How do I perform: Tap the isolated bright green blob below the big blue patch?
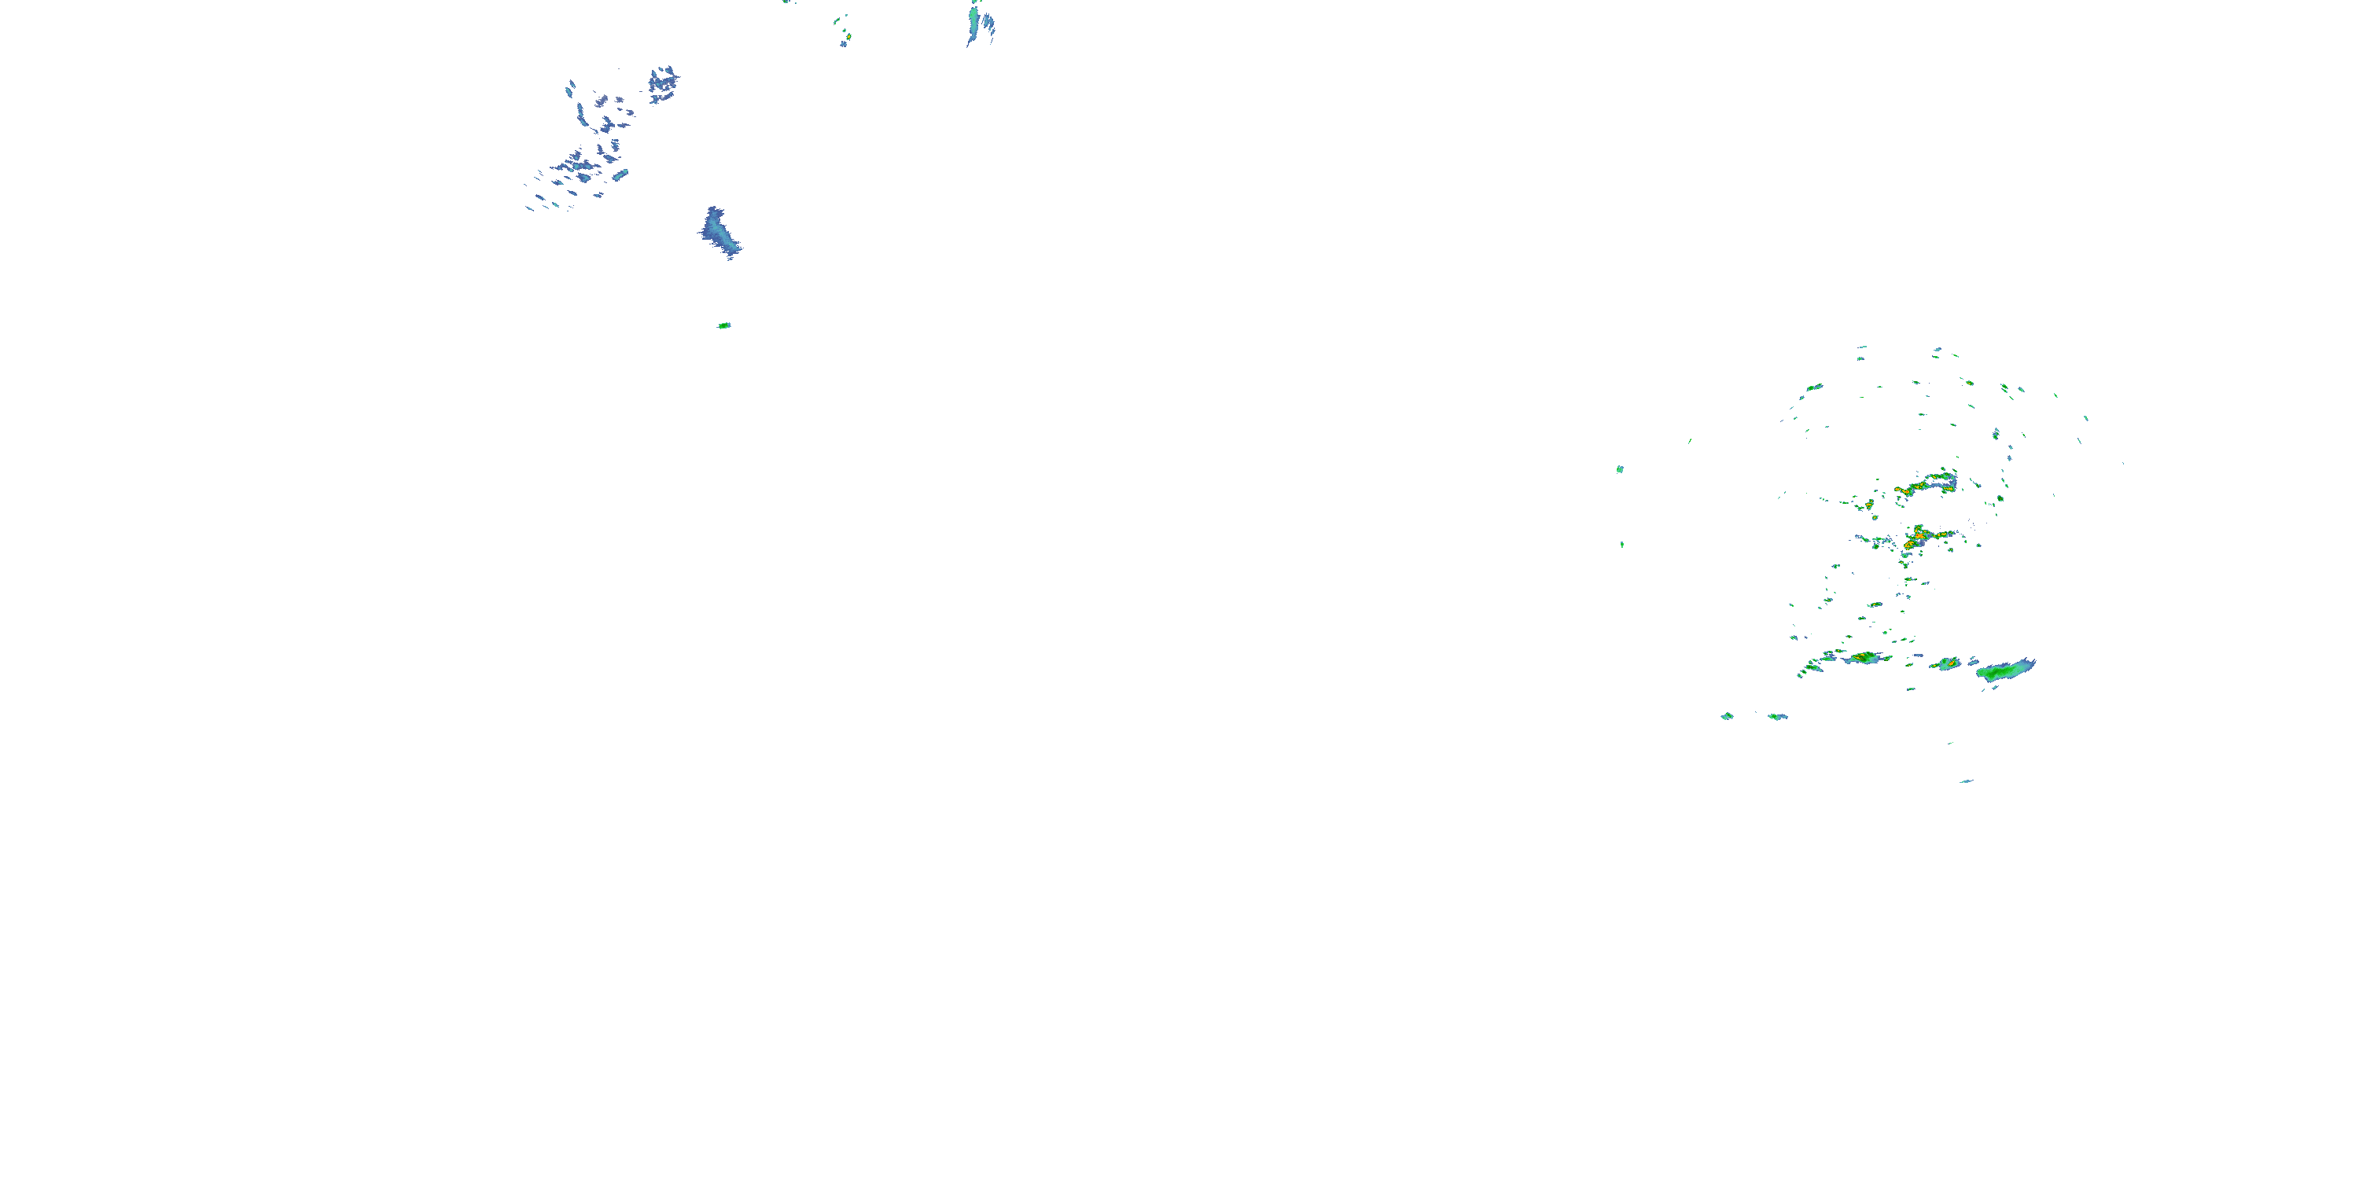(723, 325)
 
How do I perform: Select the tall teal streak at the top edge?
(973, 22)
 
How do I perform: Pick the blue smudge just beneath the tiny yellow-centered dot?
(844, 44)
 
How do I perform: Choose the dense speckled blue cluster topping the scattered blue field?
(663, 83)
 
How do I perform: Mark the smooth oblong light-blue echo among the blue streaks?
(620, 174)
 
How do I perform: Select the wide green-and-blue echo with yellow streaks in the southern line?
(1864, 657)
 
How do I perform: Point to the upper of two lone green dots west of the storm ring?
(1620, 468)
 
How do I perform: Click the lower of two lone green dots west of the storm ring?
(1621, 545)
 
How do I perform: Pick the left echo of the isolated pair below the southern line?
(1727, 716)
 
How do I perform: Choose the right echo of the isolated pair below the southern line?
(1777, 717)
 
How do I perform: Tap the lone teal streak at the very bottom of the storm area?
(1965, 780)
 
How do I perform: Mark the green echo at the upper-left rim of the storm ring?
(1813, 387)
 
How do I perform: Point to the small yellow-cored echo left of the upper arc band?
(1869, 504)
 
